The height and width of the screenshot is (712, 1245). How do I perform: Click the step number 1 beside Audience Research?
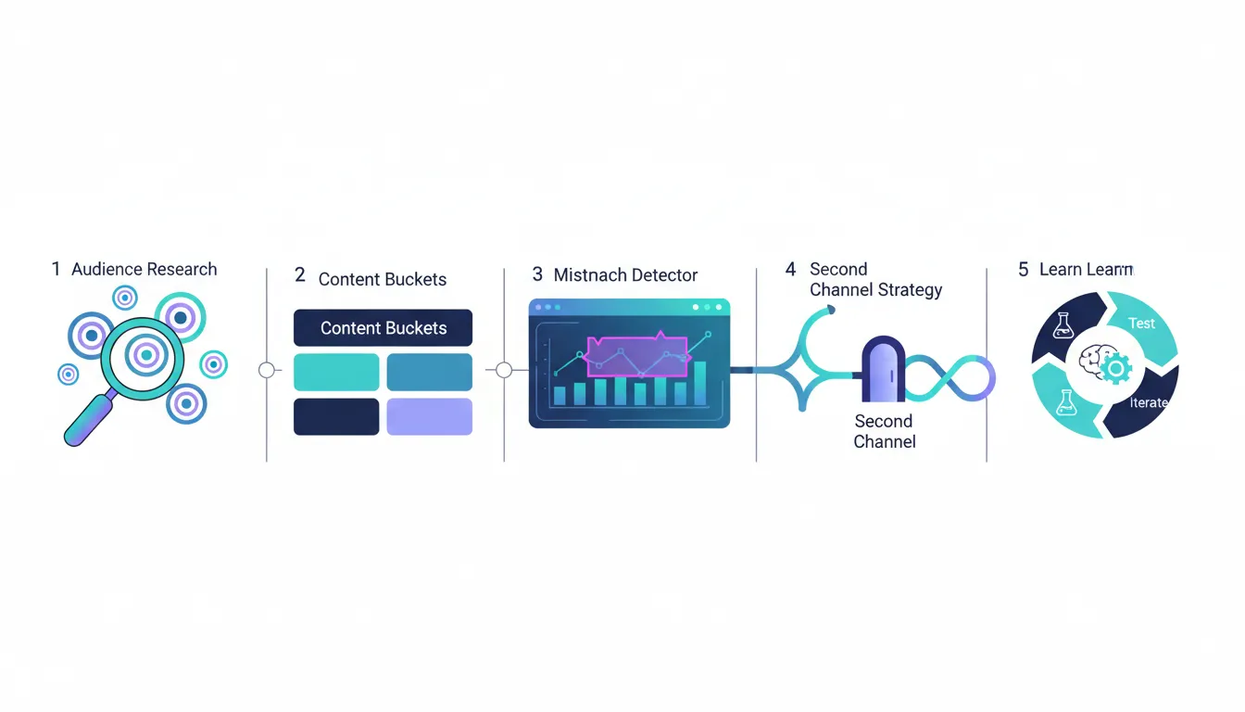[56, 270]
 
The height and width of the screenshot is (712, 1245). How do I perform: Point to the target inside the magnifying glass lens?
[144, 353]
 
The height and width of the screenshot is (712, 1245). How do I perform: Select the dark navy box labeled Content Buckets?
[383, 328]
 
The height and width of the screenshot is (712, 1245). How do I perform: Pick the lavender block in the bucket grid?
[429, 416]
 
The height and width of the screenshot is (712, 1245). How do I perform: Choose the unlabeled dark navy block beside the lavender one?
[336, 416]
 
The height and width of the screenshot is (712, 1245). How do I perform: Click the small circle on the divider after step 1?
[267, 370]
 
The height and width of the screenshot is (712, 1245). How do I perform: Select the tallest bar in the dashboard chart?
[699, 383]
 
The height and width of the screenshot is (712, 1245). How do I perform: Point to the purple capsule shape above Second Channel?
[883, 369]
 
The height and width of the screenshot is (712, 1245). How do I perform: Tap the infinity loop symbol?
[949, 378]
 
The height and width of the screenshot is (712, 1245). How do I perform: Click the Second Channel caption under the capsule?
[884, 431]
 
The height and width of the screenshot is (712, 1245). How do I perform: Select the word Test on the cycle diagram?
[1141, 324]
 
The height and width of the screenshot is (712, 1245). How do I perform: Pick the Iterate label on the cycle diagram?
[1149, 403]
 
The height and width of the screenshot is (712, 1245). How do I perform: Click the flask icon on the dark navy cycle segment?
[1063, 325]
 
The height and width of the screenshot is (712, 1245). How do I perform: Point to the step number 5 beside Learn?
[1023, 270]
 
